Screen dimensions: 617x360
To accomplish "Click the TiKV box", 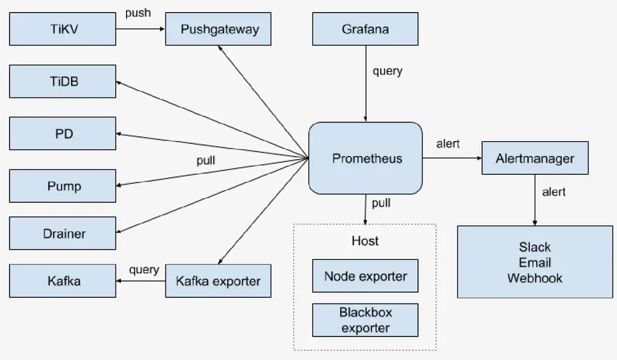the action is tap(63, 29).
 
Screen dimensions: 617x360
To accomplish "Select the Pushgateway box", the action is tap(218, 29).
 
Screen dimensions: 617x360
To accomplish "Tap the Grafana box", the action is tap(365, 29).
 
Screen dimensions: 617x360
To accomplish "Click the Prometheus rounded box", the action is tap(366, 158).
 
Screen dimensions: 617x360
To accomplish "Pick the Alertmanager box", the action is tap(535, 158).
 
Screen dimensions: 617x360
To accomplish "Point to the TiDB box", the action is tap(63, 81).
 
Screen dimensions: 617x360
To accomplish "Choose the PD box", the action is tap(63, 134).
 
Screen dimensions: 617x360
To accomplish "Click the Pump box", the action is tap(63, 186).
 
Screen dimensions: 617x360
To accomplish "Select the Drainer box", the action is tap(63, 233).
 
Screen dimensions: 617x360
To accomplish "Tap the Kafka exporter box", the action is tap(218, 281).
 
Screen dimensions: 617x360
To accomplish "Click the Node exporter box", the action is tap(365, 276).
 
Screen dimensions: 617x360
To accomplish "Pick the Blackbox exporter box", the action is tap(365, 320).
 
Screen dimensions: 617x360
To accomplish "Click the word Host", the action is tap(365, 241).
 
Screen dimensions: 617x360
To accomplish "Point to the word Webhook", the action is tap(535, 278).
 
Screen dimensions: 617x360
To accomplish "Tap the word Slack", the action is tap(535, 247).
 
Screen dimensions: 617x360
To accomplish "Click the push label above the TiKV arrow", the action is tap(138, 13).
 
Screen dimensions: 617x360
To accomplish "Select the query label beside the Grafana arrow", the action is tap(388, 71).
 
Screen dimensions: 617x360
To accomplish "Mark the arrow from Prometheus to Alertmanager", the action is tap(452, 158).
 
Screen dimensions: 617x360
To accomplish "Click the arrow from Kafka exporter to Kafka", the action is tap(141, 281).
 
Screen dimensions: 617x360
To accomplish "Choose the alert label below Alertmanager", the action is tap(554, 192).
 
